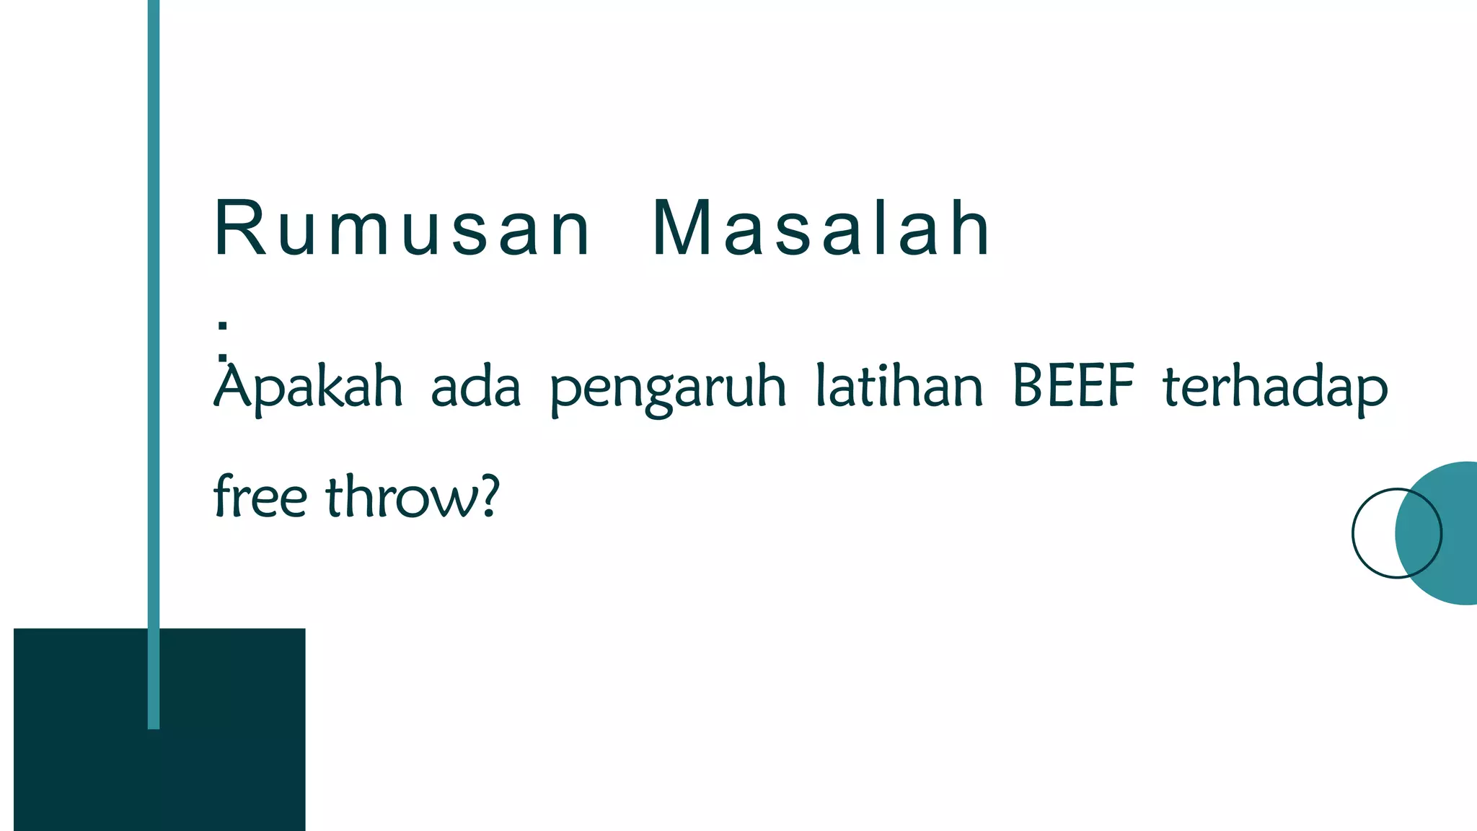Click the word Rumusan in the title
point(402,229)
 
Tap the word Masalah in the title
point(821,229)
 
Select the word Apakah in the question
point(308,387)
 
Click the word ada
point(475,387)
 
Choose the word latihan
point(899,386)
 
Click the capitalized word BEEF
point(1073,386)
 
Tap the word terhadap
point(1275,387)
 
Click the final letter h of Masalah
point(970,229)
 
